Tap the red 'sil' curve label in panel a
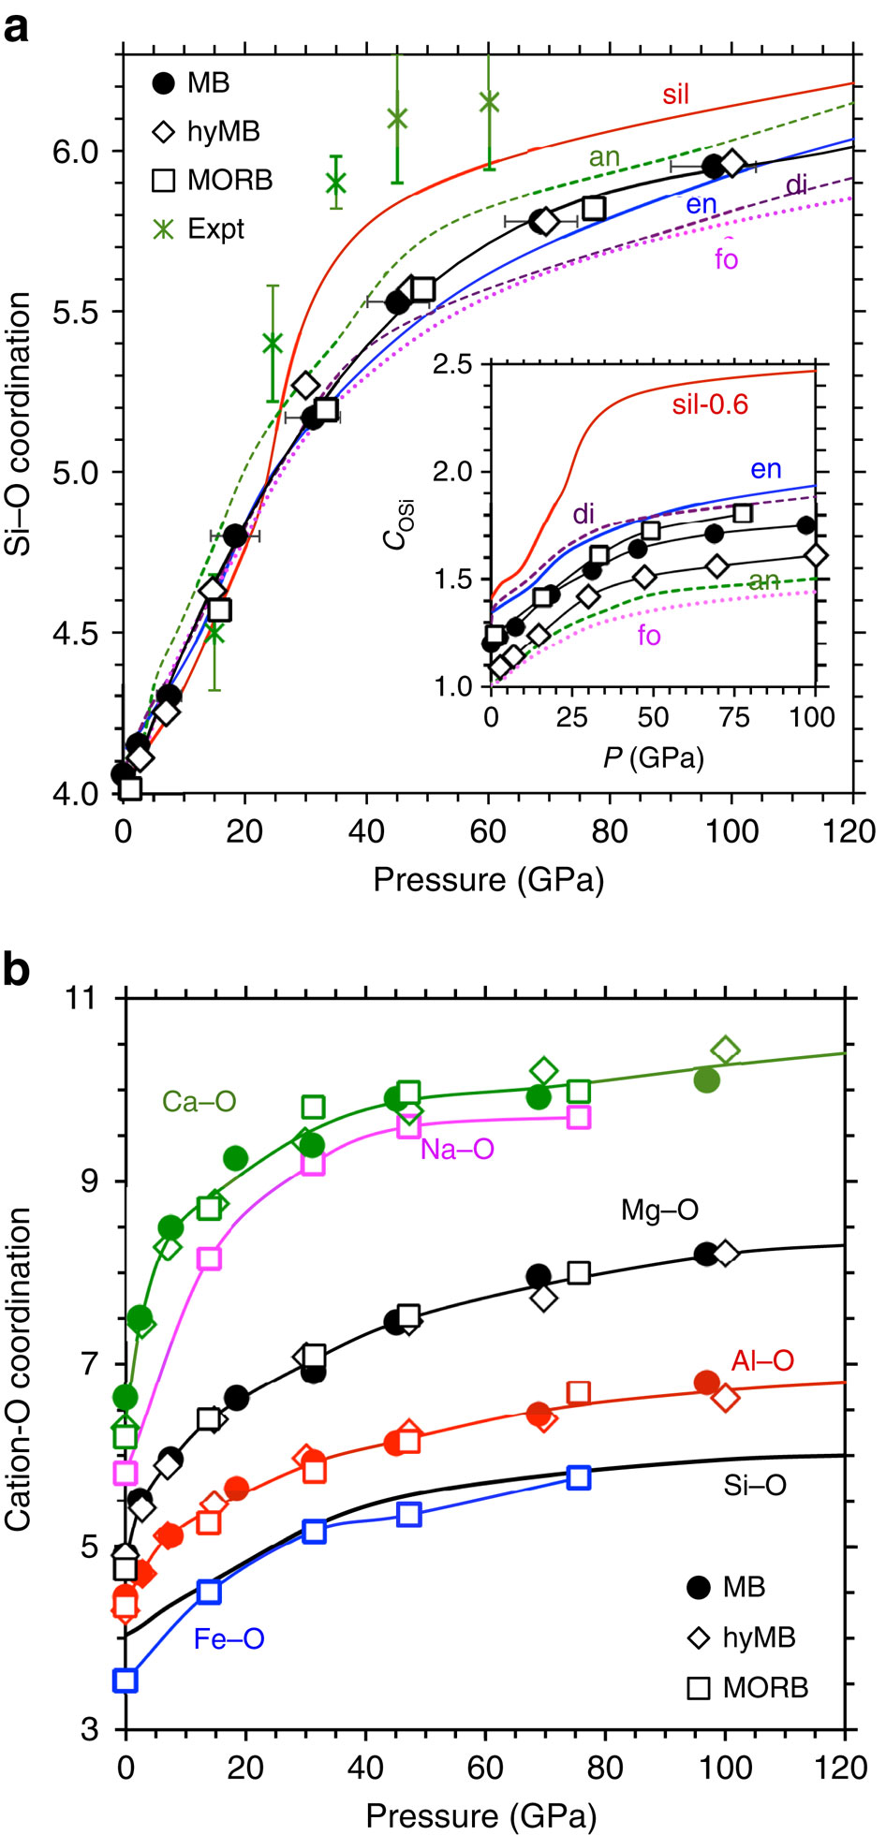coord(675,94)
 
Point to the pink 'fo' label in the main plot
coord(726,258)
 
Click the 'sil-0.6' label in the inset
coord(710,404)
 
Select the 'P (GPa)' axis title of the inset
coord(653,756)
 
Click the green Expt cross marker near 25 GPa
coord(273,343)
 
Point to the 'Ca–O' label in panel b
coord(199,1101)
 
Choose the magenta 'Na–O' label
coord(456,1149)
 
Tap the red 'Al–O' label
coord(762,1360)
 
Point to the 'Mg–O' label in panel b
coord(659,1211)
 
